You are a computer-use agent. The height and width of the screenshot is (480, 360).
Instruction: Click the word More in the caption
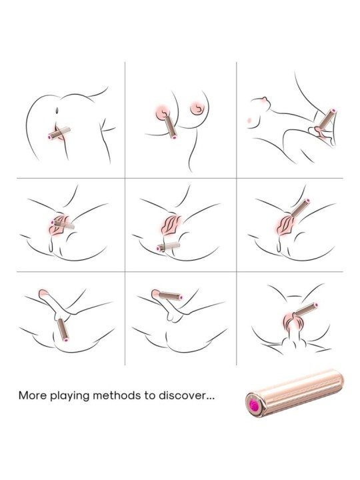coord(33,395)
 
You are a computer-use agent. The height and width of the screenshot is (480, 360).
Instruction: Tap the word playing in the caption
coord(69,396)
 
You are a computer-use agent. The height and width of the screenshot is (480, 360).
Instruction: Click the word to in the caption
coord(150,395)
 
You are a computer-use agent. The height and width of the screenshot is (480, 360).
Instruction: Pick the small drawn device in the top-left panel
coord(59,133)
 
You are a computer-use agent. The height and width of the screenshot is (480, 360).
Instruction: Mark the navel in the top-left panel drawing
coord(57,109)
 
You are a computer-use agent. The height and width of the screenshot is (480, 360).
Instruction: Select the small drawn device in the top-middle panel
coord(171,127)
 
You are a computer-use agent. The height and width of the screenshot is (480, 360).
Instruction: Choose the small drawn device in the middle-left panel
coord(63,225)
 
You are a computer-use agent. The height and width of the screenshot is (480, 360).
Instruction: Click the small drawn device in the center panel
coord(168,247)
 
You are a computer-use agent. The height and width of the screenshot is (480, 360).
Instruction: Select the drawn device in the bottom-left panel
coord(63,329)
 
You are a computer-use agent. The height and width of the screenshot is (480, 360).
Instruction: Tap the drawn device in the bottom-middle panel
coord(170,296)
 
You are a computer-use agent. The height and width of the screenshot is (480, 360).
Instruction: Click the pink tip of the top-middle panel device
coord(174,137)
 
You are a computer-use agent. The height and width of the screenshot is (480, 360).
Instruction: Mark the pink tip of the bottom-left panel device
coord(66,339)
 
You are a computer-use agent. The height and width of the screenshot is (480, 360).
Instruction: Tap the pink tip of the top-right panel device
coord(334,111)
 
